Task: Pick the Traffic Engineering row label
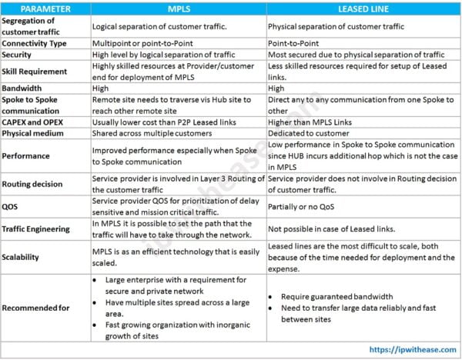tap(42, 228)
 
